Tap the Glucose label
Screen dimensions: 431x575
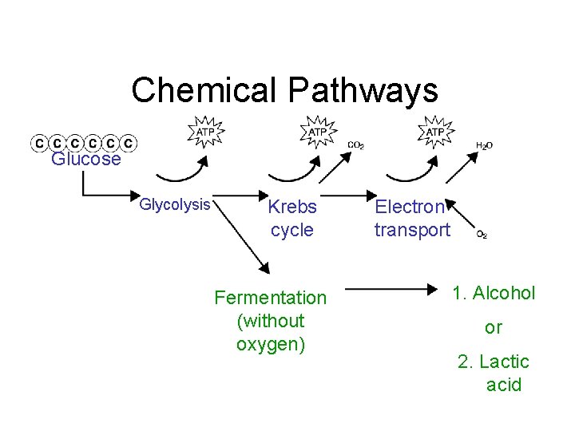[x=85, y=159]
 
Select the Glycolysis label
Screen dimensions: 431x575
[x=174, y=205]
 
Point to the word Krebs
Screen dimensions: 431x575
[x=292, y=208]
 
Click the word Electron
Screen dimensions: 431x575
[x=410, y=208]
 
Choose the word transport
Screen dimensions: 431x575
[x=412, y=231]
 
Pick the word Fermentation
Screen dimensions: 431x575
[x=271, y=298]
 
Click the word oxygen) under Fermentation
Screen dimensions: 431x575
[x=271, y=345]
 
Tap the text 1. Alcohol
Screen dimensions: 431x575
[x=494, y=293]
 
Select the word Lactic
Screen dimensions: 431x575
[x=504, y=362]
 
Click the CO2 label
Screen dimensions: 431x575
[x=356, y=144]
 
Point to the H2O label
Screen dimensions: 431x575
[x=484, y=145]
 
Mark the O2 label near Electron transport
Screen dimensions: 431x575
[x=482, y=235]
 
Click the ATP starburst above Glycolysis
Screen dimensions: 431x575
[x=206, y=132]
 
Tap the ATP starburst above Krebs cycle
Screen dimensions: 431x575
[x=318, y=132]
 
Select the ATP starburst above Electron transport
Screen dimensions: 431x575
[x=435, y=132]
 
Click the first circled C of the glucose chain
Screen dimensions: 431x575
[x=38, y=143]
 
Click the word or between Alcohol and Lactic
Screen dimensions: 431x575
[x=494, y=327]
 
